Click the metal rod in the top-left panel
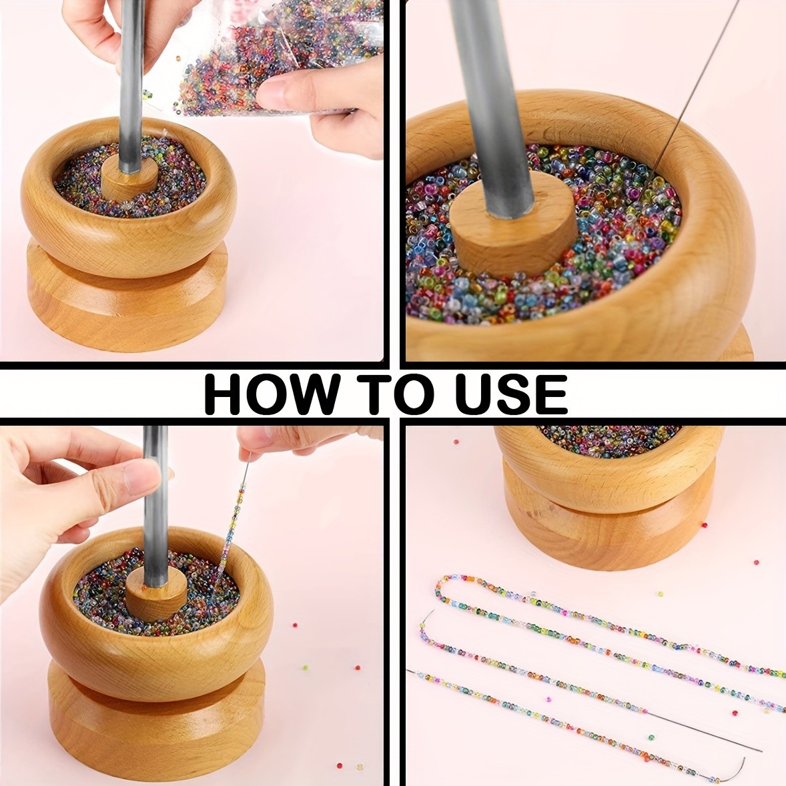tap(131, 80)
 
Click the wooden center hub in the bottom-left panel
tap(155, 594)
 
